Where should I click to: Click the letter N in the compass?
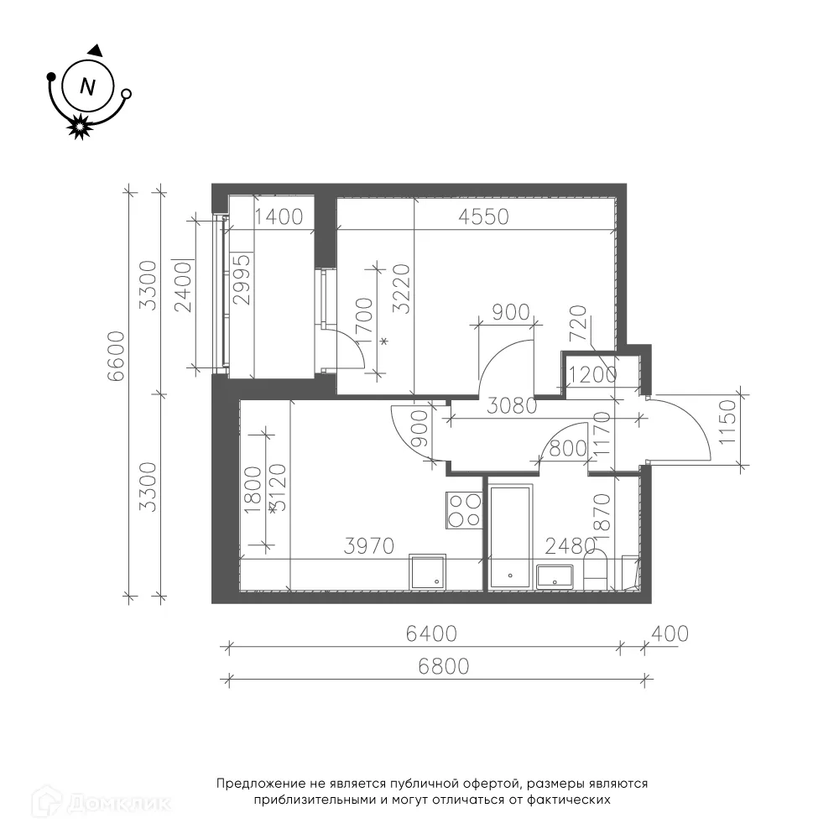coord(87,86)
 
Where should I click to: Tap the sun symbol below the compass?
coord(79,127)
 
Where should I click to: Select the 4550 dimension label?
coord(484,216)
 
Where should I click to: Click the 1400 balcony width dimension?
coord(279,216)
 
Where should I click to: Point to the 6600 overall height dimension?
coord(116,356)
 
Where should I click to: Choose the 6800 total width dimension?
coord(444,667)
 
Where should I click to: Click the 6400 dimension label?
coord(431,634)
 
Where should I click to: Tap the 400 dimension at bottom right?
coord(670,634)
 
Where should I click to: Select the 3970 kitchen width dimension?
coord(368,546)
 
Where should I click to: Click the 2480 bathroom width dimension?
coord(570,546)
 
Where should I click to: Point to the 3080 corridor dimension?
coord(512,406)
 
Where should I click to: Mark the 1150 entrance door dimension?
coord(728,422)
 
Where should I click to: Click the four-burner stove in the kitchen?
coord(463,511)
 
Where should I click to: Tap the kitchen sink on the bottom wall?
coord(428,572)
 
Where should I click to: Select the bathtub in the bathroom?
coord(510,537)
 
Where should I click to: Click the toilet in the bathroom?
coord(595,571)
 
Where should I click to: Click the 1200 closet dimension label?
coord(593,375)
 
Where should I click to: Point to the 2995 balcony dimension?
coord(242,279)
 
